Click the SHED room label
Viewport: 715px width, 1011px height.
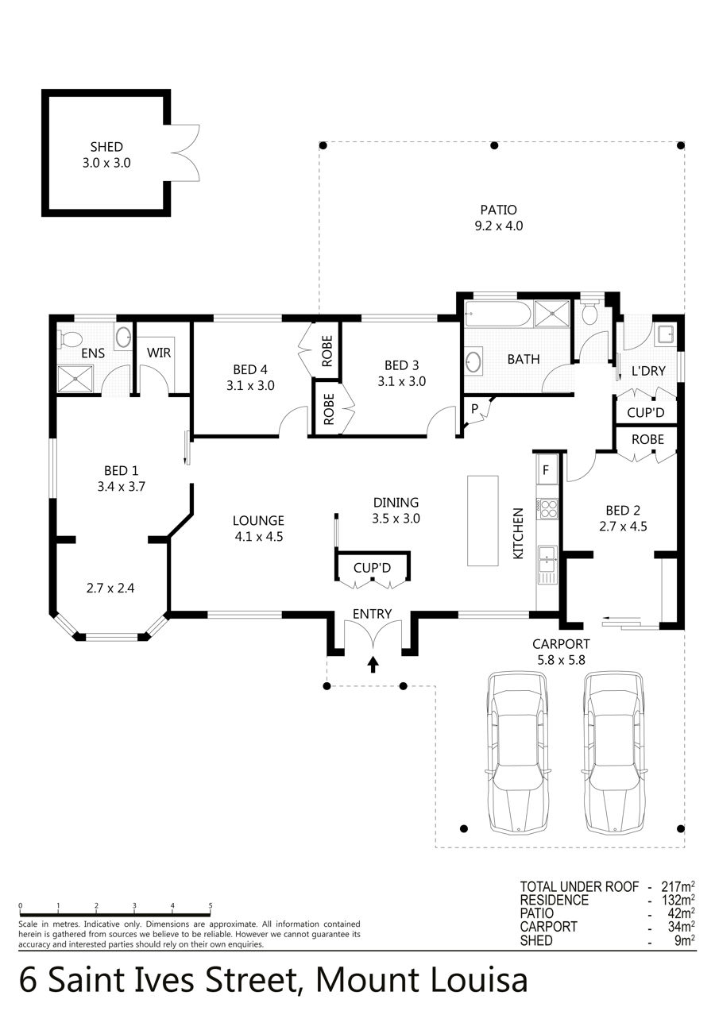coord(106,147)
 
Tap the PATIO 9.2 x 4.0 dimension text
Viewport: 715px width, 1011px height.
coord(498,226)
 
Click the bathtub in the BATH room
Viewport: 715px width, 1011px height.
coord(498,314)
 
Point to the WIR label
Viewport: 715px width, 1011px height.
coord(158,353)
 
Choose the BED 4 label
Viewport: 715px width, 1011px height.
coord(250,369)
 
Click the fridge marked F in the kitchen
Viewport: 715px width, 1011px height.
coord(547,469)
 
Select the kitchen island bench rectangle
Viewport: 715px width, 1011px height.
coord(482,521)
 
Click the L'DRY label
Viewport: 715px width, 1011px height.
coord(648,371)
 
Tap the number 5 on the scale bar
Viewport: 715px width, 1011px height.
coord(211,905)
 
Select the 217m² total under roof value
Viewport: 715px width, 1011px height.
coord(678,886)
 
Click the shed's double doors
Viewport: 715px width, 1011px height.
coord(185,153)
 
